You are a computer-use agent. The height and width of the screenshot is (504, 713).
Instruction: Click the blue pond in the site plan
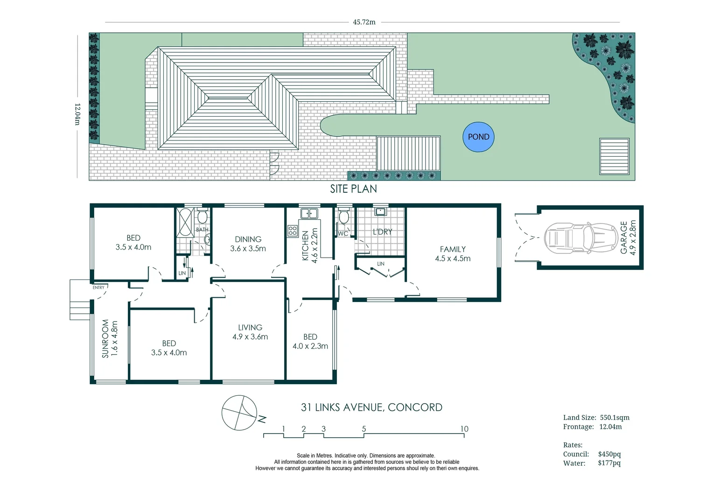478,137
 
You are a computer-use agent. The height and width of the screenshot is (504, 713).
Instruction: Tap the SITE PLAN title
353,189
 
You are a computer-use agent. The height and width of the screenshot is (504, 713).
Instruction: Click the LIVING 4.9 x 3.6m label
250,332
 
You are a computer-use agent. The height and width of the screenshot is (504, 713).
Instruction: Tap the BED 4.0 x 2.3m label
310,341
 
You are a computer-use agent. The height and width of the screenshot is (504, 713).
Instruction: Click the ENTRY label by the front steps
98,287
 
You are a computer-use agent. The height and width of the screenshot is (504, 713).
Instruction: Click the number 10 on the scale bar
464,429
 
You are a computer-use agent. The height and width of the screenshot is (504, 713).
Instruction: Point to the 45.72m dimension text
364,22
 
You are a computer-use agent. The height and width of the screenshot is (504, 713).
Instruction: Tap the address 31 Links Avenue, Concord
371,407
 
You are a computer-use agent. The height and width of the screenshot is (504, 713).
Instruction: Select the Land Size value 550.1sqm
615,418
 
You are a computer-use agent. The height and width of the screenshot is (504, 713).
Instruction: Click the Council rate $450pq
609,454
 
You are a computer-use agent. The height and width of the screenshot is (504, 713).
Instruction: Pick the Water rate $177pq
609,463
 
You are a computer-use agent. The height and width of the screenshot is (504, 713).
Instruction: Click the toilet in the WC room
344,217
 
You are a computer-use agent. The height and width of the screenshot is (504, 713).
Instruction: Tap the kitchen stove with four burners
293,230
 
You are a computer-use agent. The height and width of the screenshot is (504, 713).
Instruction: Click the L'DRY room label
382,231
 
